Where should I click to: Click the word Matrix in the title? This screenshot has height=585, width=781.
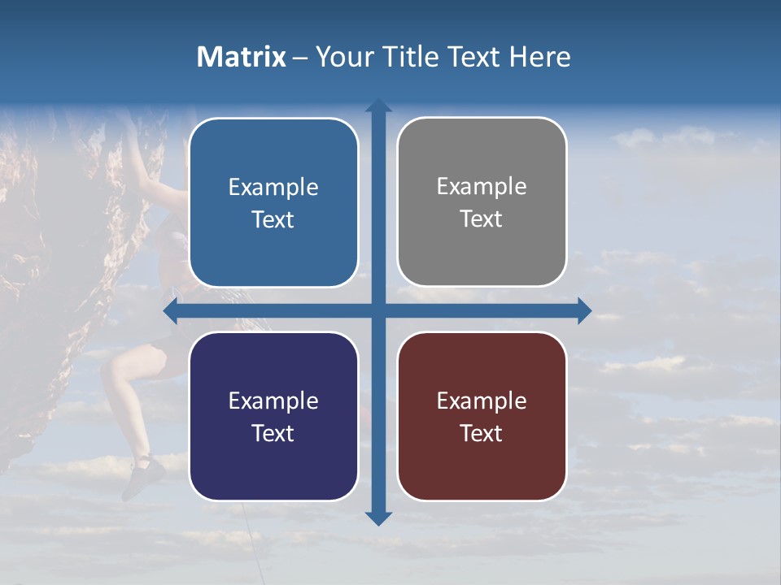click(242, 57)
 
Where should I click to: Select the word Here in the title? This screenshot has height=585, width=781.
click(540, 57)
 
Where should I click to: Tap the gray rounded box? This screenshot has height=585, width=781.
click(482, 202)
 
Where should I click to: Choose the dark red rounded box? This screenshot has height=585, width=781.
click(482, 417)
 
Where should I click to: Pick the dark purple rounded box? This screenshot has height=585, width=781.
click(273, 417)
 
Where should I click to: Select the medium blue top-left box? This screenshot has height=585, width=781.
click(273, 202)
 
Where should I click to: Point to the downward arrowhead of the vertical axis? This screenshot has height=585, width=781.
click(378, 518)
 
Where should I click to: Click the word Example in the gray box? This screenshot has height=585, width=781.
click(482, 187)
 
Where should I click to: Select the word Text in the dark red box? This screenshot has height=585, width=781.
click(482, 433)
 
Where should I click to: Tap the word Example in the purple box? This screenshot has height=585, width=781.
click(273, 401)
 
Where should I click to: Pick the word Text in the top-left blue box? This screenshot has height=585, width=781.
click(273, 219)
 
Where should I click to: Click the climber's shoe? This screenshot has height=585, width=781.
click(144, 474)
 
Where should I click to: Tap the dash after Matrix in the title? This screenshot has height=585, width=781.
click(300, 58)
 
